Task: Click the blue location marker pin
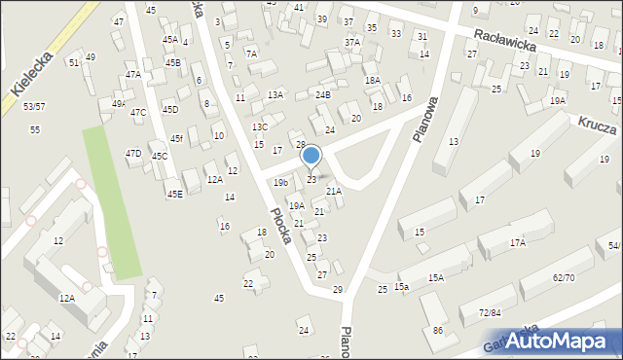311,156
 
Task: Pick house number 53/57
34,105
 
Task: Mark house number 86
437,331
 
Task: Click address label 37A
352,43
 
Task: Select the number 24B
323,94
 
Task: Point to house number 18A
372,81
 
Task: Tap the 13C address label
260,126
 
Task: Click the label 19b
281,182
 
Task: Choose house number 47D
133,153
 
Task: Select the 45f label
176,138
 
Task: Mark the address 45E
174,194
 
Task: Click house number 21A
334,192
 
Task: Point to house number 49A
119,103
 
